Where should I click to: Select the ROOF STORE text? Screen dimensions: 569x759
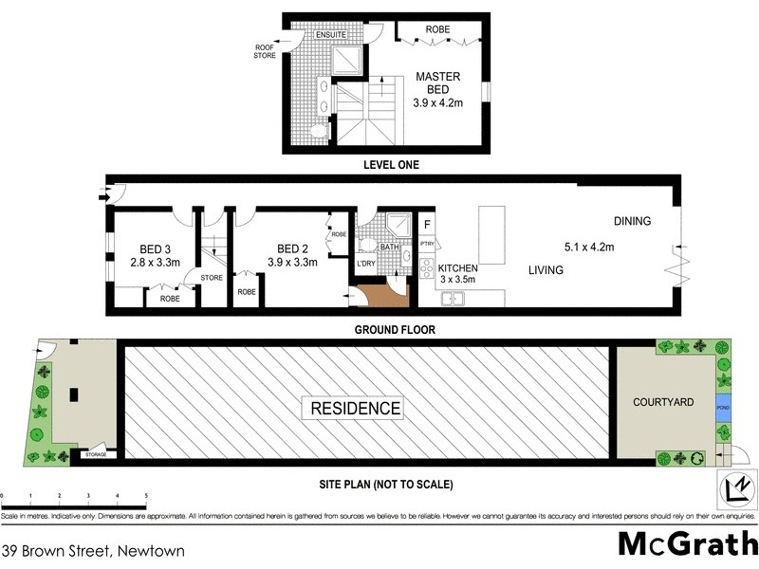click(265, 51)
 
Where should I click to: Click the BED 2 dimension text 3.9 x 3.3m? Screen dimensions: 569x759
click(292, 262)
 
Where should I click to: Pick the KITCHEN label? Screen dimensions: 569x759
click(457, 268)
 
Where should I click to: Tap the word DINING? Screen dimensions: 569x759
click(632, 222)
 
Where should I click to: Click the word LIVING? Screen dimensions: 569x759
click(546, 270)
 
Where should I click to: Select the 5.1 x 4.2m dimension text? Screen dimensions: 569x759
click(589, 248)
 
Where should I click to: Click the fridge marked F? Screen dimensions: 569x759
click(427, 225)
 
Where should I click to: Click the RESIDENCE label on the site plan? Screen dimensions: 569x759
click(352, 409)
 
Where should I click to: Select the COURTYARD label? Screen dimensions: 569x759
click(663, 402)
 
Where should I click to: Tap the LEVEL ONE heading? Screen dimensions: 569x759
click(391, 165)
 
